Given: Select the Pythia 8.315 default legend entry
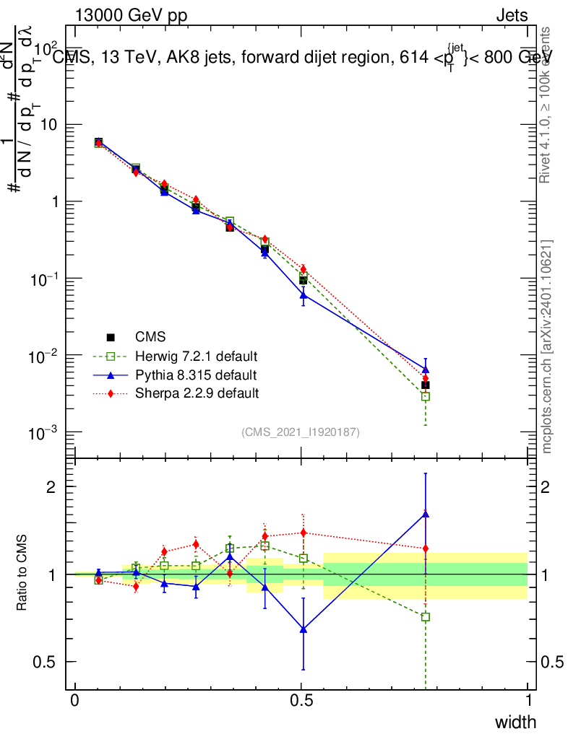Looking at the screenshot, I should click(x=196, y=375).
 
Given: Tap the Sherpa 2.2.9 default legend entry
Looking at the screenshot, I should click(x=197, y=393).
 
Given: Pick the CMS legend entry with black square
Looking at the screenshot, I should click(x=150, y=337).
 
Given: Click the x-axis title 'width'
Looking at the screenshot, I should click(x=515, y=722).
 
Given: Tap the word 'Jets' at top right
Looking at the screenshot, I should click(x=512, y=15).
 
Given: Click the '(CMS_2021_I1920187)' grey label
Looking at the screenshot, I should click(x=301, y=432).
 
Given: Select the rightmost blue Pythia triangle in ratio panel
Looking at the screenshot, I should click(x=426, y=514).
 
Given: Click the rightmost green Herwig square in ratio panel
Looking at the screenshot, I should click(x=426, y=617).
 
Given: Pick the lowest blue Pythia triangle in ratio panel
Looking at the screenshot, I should click(x=304, y=629).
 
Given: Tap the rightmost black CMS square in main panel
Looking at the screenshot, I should click(x=426, y=385).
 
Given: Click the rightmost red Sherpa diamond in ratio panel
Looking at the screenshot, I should click(x=426, y=548).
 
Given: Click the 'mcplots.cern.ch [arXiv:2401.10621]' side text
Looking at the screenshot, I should click(x=547, y=346).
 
